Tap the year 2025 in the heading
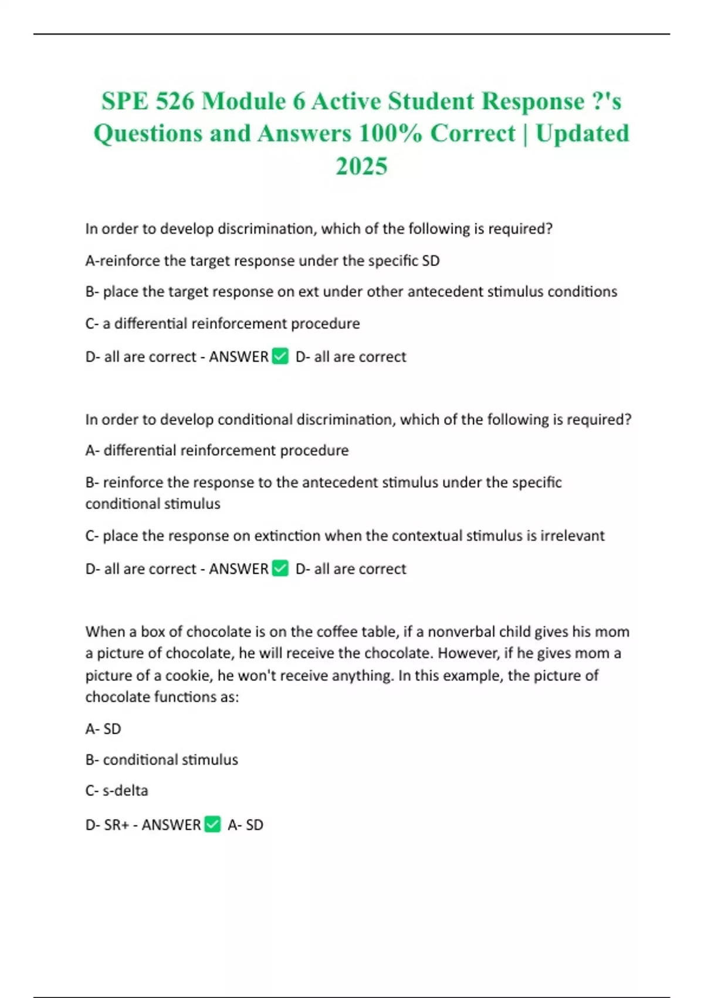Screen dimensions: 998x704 coord(361,166)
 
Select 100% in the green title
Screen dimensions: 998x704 coord(390,133)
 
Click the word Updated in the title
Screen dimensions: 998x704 coord(582,133)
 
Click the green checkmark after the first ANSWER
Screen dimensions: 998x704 coord(280,356)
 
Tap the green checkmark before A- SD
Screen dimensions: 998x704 coord(212,824)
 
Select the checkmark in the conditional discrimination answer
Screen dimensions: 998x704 coord(280,568)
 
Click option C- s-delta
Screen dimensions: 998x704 coord(117,791)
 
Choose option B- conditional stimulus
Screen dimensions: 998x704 coord(161,760)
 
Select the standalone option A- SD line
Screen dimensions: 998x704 coord(103,729)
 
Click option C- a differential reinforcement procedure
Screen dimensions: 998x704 coord(222,323)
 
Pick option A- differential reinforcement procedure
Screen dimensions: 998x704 coord(216,450)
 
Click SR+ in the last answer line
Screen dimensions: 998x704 coord(116,825)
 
